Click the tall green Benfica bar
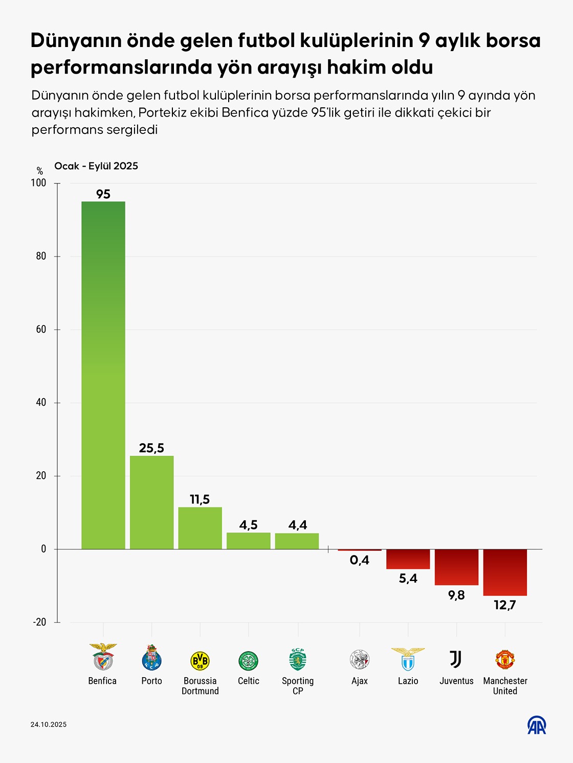[x=103, y=375]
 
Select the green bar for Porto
[x=151, y=502]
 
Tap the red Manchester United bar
[x=505, y=572]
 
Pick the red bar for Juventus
[x=456, y=567]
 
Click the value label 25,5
[x=151, y=448]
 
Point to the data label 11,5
[x=200, y=499]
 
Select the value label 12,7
[x=505, y=605]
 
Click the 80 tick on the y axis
[x=41, y=256]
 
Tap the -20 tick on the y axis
[x=39, y=622]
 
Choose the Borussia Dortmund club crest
[x=200, y=660]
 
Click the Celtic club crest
[x=248, y=660]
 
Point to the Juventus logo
[x=456, y=659]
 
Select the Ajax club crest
[x=360, y=660]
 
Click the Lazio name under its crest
[x=408, y=681]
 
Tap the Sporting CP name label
[x=298, y=686]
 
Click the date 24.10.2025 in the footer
[x=49, y=724]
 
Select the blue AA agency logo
[x=537, y=725]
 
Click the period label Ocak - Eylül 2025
[x=96, y=166]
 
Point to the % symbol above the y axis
[x=40, y=171]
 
